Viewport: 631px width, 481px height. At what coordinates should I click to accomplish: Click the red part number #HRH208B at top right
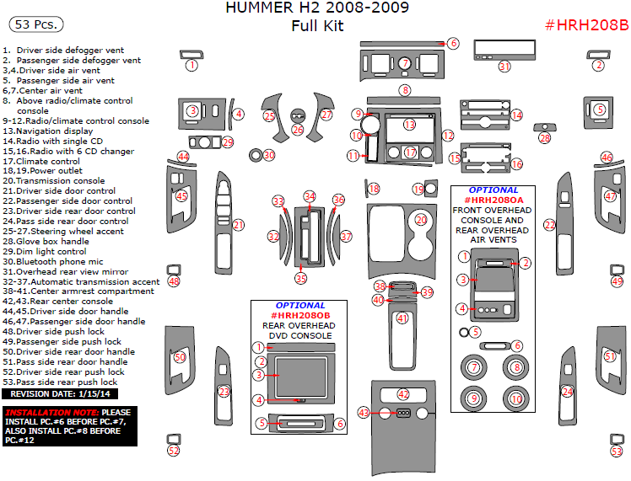click(x=586, y=25)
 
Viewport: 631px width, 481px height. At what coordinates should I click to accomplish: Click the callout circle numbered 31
click(x=504, y=67)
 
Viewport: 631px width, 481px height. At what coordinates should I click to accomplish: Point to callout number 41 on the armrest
click(x=402, y=318)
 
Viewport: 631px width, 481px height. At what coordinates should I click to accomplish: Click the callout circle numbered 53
click(x=617, y=451)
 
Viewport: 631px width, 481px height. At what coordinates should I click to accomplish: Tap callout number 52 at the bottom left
click(x=174, y=451)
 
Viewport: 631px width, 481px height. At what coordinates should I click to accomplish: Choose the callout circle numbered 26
click(x=297, y=130)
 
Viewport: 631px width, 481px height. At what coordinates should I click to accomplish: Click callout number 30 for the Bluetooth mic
click(x=269, y=155)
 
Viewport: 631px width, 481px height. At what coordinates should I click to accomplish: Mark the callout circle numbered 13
click(x=409, y=125)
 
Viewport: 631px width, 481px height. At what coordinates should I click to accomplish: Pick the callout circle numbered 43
click(x=364, y=413)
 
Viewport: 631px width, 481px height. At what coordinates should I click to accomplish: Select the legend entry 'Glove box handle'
click(x=51, y=241)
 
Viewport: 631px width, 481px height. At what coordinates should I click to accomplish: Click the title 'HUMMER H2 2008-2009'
click(x=317, y=9)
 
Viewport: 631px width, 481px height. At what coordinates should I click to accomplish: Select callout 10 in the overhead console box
click(x=515, y=398)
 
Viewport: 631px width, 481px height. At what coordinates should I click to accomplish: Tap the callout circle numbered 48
click(x=174, y=281)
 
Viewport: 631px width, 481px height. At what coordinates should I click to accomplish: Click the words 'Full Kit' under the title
click(x=317, y=26)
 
